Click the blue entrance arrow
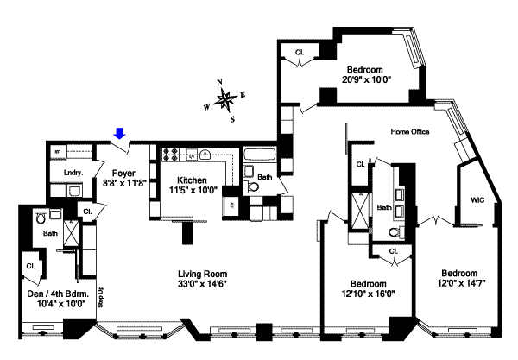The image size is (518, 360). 120,133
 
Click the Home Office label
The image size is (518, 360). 410,132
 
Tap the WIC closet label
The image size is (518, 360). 477,199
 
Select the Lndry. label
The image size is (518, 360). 73,173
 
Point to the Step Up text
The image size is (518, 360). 101,295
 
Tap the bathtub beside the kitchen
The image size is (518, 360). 259,158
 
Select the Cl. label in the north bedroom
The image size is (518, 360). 300,54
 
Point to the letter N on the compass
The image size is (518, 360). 220,83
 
